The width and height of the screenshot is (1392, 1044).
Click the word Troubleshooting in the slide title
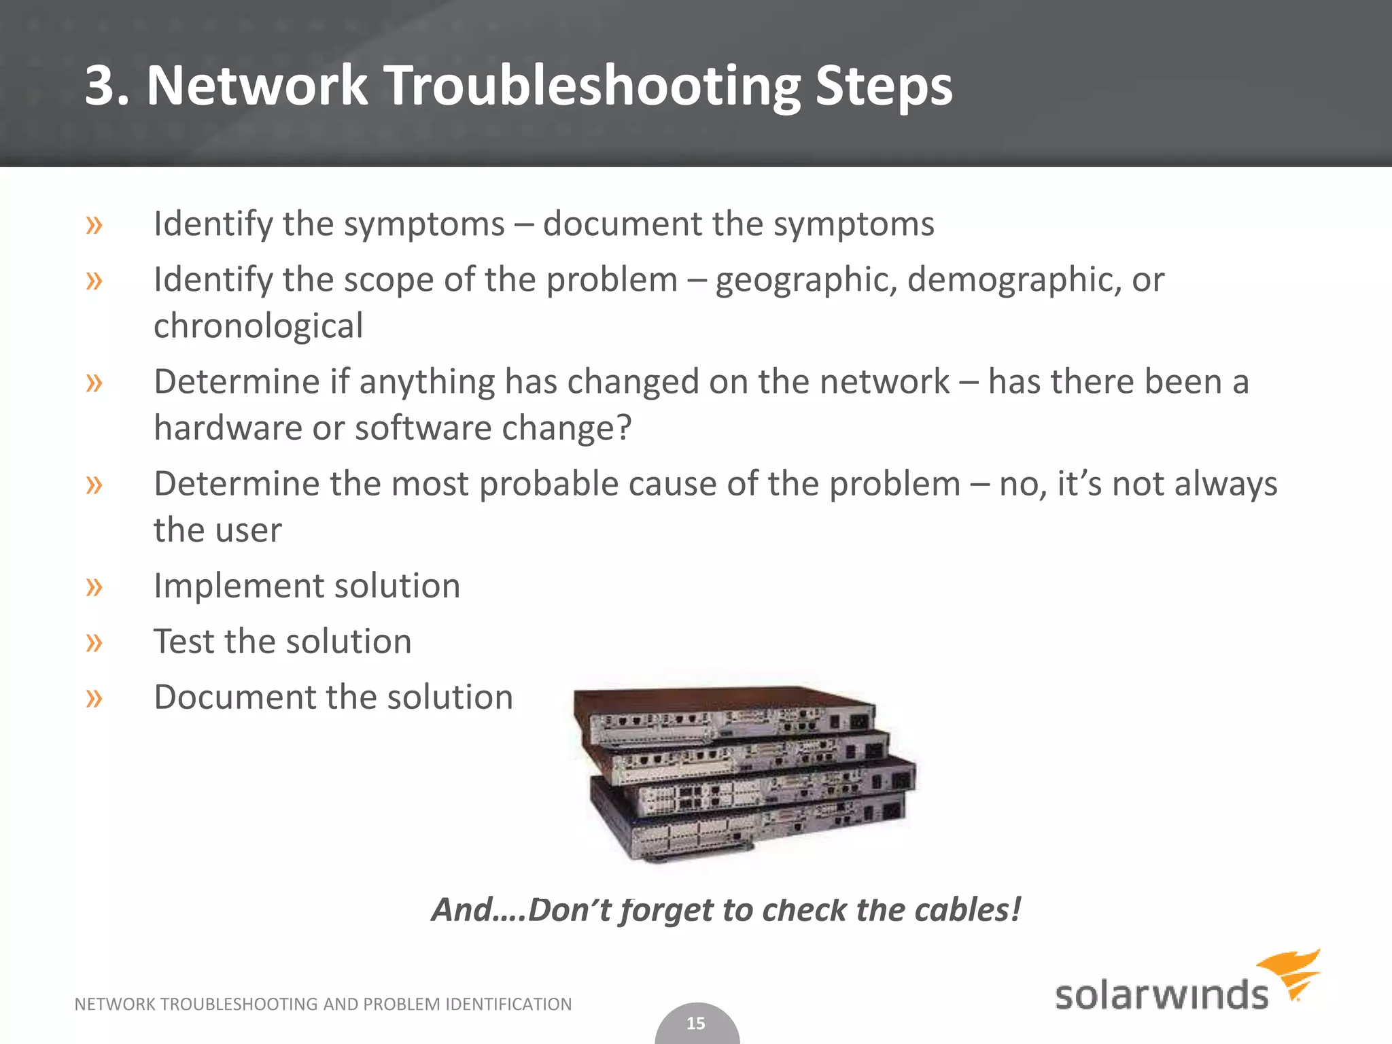pyautogui.click(x=595, y=86)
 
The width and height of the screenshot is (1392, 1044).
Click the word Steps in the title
pyautogui.click(x=884, y=86)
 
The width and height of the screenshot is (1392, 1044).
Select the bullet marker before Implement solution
pyautogui.click(x=94, y=586)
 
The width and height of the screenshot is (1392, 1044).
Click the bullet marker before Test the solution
pyautogui.click(x=94, y=642)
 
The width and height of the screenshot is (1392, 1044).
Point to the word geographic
pyautogui.click(x=805, y=281)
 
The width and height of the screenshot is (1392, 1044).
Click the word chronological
pyautogui.click(x=258, y=326)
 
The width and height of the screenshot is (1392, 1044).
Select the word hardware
pyautogui.click(x=228, y=428)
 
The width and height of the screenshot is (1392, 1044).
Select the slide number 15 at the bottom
pyautogui.click(x=696, y=1024)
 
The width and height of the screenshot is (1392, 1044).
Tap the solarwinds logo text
pyautogui.click(x=1161, y=996)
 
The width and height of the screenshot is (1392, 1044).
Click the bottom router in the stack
pyautogui.click(x=748, y=826)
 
